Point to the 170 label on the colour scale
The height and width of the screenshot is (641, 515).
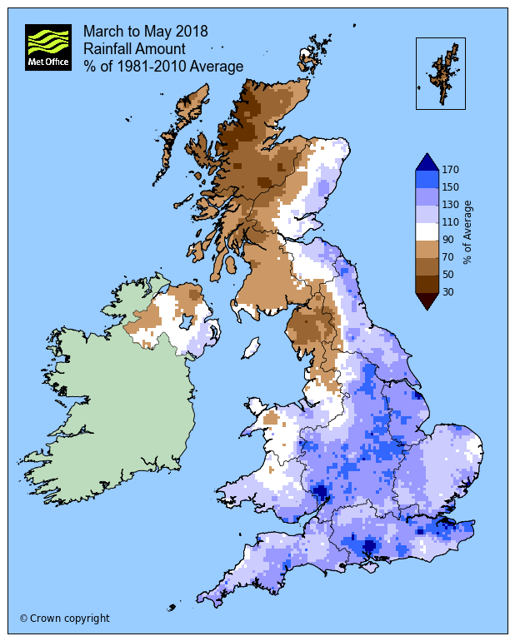click(451, 170)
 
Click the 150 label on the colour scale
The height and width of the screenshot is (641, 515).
click(451, 187)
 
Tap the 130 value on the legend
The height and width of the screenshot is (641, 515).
click(451, 205)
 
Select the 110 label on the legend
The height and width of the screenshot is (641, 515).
click(451, 222)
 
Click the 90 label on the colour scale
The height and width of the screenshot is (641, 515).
click(448, 240)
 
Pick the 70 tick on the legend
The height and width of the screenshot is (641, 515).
click(448, 257)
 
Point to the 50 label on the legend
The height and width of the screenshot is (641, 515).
click(448, 275)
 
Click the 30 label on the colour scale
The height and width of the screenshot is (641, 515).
click(448, 292)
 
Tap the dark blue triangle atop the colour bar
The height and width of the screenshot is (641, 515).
click(427, 162)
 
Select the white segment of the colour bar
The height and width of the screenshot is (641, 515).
click(427, 231)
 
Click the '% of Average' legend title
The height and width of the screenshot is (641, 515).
click(469, 231)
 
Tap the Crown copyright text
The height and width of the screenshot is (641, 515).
click(64, 619)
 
